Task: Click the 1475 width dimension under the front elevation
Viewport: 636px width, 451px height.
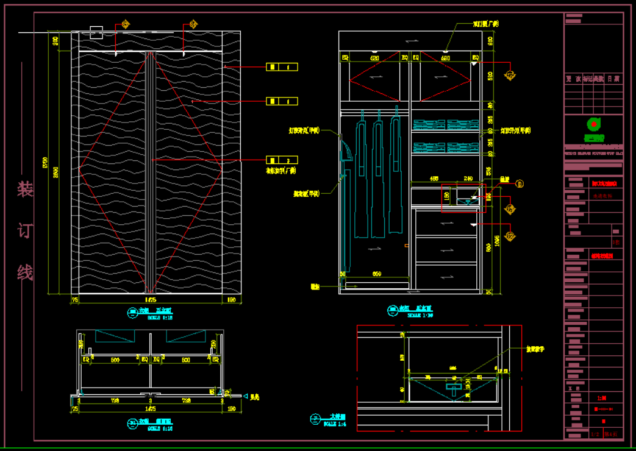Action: (x=150, y=299)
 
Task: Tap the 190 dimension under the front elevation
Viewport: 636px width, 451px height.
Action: (x=231, y=299)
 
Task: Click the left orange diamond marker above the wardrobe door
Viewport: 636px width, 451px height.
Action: (x=125, y=24)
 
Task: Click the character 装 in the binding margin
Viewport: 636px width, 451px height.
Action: (x=25, y=190)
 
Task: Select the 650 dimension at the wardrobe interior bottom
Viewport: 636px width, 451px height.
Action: (x=376, y=274)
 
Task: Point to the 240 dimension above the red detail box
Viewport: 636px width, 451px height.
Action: (x=468, y=179)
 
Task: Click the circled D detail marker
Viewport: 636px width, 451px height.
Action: (x=520, y=183)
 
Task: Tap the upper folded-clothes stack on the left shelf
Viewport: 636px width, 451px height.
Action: (x=429, y=124)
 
